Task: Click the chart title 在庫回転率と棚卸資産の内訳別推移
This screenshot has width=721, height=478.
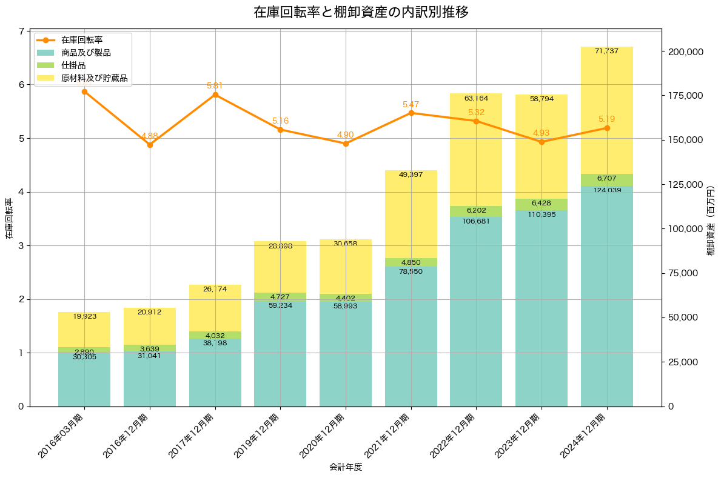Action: coord(361,12)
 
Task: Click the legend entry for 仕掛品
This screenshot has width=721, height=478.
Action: coord(73,65)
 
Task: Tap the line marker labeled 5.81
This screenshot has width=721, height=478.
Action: coord(215,95)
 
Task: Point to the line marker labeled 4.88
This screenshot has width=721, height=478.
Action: coord(150,145)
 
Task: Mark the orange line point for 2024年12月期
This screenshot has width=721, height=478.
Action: coord(607,128)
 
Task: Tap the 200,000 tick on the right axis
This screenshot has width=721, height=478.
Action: coord(685,52)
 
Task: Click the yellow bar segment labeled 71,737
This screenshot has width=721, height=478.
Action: coord(607,109)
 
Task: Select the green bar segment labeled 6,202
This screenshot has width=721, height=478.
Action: coord(476,211)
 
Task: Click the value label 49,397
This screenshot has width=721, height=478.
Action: coord(411,175)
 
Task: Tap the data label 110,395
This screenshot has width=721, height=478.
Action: coord(542,215)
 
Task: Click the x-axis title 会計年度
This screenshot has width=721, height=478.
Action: coord(346,467)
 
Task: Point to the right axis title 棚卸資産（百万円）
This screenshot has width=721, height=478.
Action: coord(711,218)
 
